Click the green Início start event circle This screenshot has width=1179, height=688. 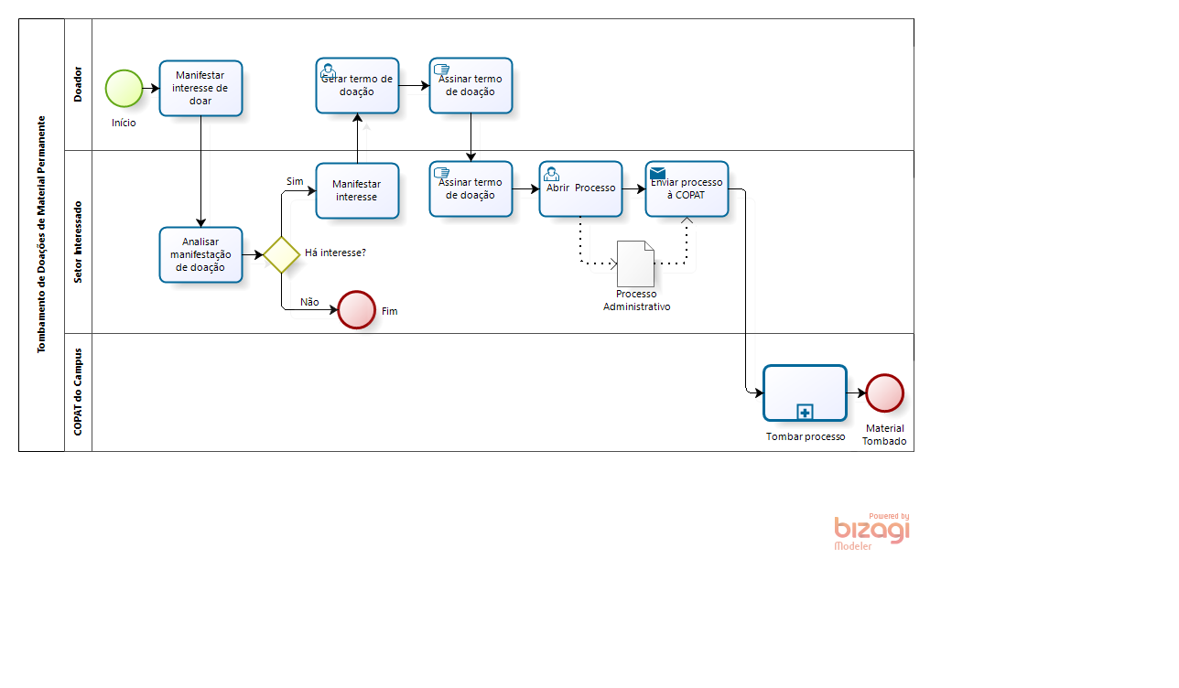tap(124, 89)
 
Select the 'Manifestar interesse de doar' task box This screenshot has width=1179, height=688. tap(200, 89)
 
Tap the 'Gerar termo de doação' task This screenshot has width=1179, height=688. tap(357, 85)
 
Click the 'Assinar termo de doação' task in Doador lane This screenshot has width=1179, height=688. tap(471, 85)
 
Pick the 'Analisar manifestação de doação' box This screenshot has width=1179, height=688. tap(200, 254)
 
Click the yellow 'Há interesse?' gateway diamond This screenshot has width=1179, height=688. tap(282, 254)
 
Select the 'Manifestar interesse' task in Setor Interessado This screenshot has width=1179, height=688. tap(357, 190)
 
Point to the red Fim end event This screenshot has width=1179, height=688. tap(356, 310)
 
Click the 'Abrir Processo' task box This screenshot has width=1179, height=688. tap(580, 188)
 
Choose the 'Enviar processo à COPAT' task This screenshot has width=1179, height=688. tap(687, 188)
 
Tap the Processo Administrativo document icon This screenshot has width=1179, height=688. tap(636, 263)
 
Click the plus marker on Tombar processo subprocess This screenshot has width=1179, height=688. tap(805, 412)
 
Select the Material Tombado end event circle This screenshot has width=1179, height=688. tap(885, 392)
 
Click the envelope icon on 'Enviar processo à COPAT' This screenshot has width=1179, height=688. tap(657, 173)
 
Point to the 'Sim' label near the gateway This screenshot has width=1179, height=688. tap(295, 181)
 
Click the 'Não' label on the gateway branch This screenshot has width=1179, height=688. tap(309, 302)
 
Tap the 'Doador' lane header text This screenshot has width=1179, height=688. tap(78, 84)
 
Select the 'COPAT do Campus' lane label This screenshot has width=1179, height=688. tap(78, 392)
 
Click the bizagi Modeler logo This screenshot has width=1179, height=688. tap(871, 532)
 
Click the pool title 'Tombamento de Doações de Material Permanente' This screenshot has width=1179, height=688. tap(41, 234)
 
